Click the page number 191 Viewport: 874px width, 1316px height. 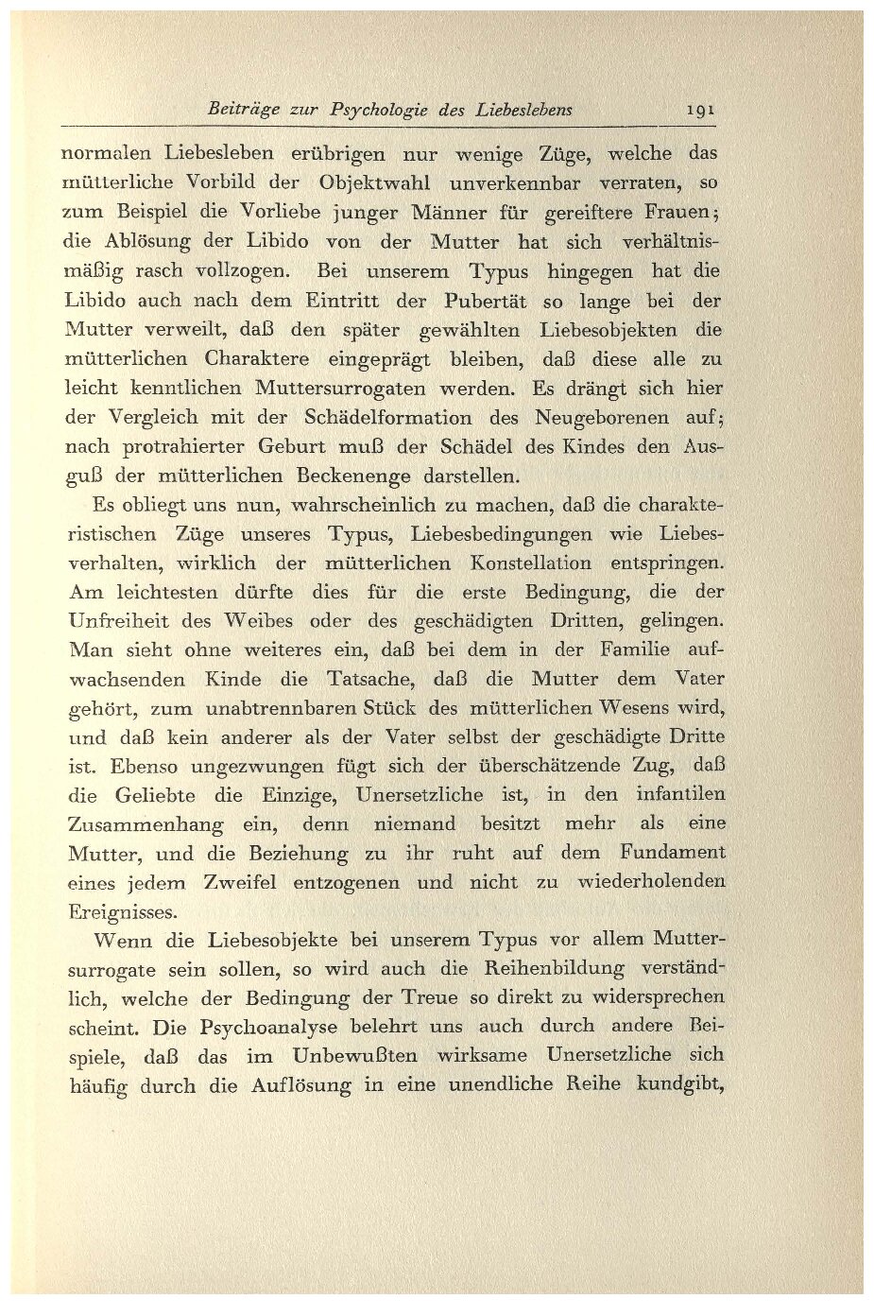[x=699, y=109]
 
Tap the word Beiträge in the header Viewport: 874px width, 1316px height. [x=242, y=109]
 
